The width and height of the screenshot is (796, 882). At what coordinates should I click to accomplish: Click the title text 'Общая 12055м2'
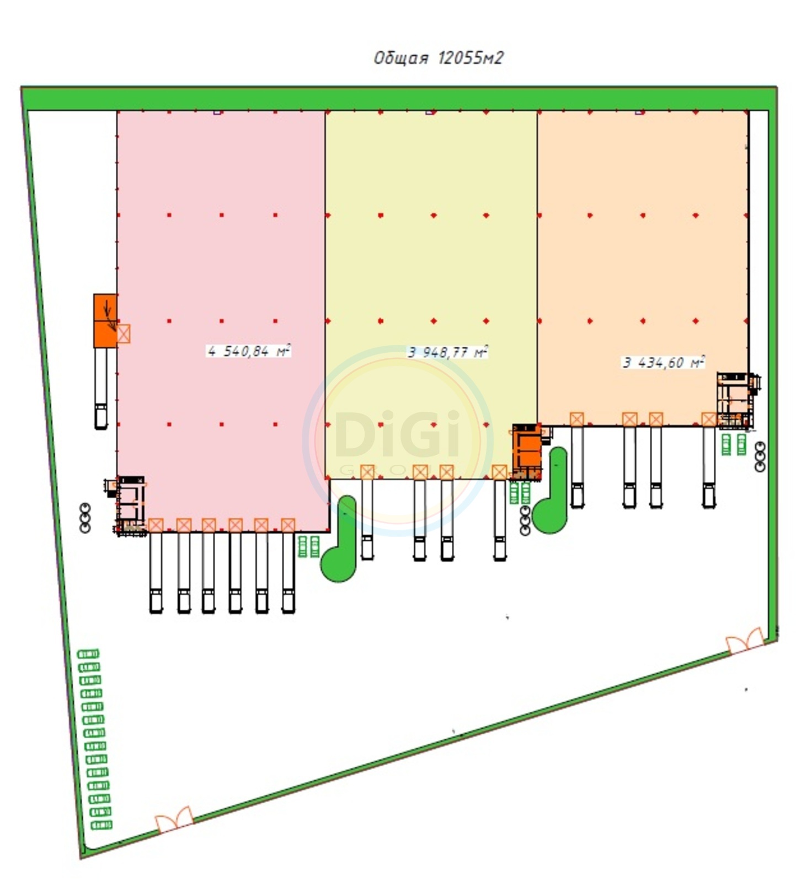(x=439, y=58)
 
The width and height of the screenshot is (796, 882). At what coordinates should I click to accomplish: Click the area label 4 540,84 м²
(x=249, y=351)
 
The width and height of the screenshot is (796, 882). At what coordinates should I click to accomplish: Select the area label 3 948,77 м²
(x=447, y=352)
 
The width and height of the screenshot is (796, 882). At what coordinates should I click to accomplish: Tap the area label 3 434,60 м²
(x=664, y=362)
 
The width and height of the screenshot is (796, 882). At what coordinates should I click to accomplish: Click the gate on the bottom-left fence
(x=174, y=820)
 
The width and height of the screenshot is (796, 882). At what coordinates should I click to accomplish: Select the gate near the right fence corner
(x=745, y=641)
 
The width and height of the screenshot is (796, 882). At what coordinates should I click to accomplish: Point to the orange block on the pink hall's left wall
(x=105, y=320)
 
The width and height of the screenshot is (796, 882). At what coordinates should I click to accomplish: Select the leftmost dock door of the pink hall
(x=156, y=525)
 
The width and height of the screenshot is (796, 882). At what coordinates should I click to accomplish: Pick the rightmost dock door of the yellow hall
(x=499, y=472)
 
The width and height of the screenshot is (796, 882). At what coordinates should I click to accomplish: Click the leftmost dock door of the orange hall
(x=576, y=419)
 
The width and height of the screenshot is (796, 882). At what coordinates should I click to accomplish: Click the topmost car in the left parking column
(x=88, y=654)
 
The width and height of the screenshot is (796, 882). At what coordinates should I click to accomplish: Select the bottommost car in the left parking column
(x=101, y=825)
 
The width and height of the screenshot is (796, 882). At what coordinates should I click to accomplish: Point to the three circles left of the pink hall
(x=85, y=518)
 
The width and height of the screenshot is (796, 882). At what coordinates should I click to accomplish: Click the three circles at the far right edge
(x=760, y=456)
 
